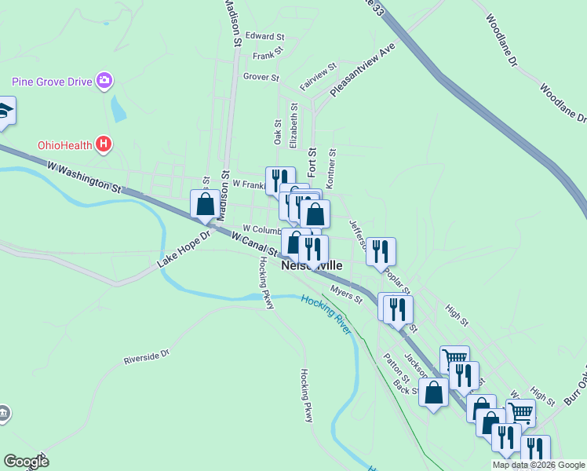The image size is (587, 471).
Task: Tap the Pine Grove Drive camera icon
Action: tap(104, 80)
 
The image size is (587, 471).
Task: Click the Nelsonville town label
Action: tap(312, 265)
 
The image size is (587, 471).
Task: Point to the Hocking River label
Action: tap(325, 312)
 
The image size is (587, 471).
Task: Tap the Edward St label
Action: tap(264, 36)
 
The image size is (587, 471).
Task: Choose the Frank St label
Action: tap(267, 57)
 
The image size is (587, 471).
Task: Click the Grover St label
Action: tap(261, 77)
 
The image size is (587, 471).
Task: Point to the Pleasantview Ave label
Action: tap(363, 70)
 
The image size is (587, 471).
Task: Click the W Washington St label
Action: tap(85, 177)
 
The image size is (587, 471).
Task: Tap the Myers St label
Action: tap(346, 295)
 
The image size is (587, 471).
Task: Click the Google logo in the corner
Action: tap(26, 462)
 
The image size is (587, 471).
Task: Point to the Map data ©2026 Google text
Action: tap(538, 465)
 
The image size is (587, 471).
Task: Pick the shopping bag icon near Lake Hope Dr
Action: tap(205, 204)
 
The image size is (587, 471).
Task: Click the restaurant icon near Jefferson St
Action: tap(381, 252)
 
